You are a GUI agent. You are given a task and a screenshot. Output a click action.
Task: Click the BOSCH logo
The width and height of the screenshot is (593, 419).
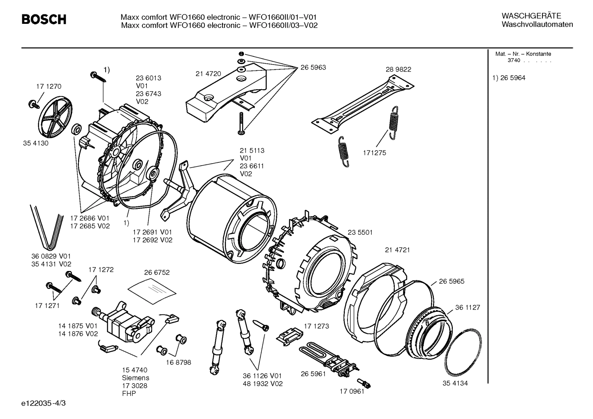[44, 19]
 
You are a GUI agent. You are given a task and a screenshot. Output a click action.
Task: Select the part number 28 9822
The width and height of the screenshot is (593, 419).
[398, 69]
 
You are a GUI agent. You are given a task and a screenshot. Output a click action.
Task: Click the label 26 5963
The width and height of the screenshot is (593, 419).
[313, 67]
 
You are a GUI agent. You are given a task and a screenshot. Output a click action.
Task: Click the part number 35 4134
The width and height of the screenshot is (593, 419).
[455, 383]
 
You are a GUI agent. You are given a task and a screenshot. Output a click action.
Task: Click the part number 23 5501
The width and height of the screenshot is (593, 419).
[360, 232]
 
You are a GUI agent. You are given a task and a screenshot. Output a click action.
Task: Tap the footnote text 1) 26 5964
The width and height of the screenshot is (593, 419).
[509, 78]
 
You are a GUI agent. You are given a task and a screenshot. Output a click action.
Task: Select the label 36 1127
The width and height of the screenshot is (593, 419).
[468, 307]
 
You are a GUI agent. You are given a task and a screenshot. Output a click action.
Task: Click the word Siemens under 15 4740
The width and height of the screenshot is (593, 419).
[135, 377]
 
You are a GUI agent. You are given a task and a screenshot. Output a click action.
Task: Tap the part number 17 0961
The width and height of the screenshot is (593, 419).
[352, 391]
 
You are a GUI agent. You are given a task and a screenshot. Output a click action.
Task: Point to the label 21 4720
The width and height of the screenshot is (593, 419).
[208, 74]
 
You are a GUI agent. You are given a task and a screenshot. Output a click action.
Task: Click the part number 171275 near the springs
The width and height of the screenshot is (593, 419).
[374, 153]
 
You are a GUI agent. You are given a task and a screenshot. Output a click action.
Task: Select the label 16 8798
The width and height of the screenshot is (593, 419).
[178, 362]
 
